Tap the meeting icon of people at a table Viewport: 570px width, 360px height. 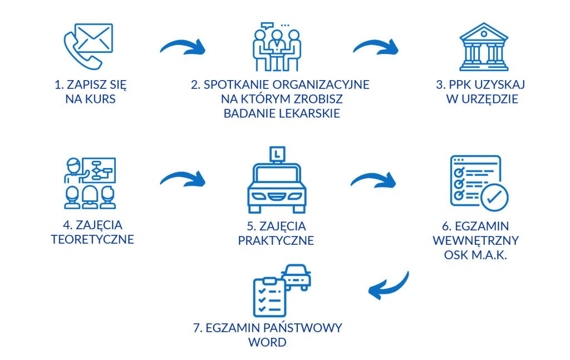pos(277,47)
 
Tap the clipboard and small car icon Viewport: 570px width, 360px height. pos(281,290)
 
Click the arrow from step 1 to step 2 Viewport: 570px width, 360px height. pos(182,47)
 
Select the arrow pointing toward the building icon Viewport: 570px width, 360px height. pos(376,47)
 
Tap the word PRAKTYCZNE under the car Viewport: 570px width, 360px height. pos(276,241)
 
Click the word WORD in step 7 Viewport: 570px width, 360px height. pos(268,341)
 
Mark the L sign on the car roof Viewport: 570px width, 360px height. pos(277,152)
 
